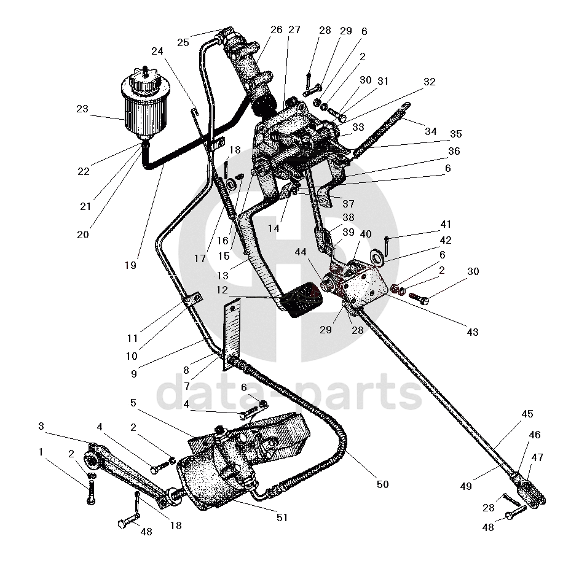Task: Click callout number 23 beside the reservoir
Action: [82, 110]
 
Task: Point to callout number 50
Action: [382, 484]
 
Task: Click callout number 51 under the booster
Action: [282, 518]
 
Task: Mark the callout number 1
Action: [41, 452]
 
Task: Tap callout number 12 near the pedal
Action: [221, 289]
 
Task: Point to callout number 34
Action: [430, 131]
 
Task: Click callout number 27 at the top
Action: [294, 29]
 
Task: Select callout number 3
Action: [41, 426]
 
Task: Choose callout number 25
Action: [183, 42]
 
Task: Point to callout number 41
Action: [445, 225]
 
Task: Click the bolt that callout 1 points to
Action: [92, 490]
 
